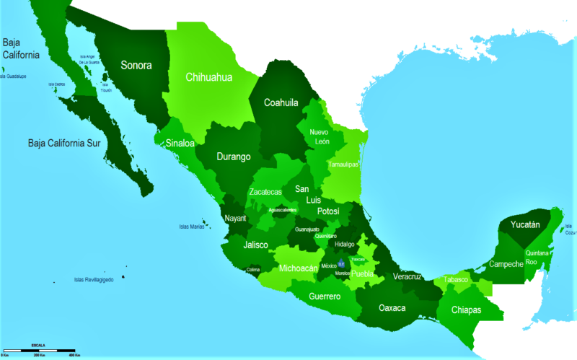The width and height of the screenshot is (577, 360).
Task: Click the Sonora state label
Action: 136,65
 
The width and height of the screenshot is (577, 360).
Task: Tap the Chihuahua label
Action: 208,77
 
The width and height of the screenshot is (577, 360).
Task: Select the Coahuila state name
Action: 281,102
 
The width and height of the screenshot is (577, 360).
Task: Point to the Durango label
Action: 234,156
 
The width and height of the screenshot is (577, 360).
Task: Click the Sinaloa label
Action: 180,143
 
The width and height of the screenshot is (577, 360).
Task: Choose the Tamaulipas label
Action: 343,164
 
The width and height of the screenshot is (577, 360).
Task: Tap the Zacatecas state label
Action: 265,192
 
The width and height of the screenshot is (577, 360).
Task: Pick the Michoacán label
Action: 299,268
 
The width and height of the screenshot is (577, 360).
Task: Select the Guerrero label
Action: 325,296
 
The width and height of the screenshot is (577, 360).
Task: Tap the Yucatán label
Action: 525,224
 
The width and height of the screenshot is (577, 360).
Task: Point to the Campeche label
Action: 506,264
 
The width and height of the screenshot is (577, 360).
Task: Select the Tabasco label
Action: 456,279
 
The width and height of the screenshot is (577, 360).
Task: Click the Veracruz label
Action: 413,276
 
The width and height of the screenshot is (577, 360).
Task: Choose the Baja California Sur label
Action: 66,142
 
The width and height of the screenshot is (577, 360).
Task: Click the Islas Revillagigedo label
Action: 94,279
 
